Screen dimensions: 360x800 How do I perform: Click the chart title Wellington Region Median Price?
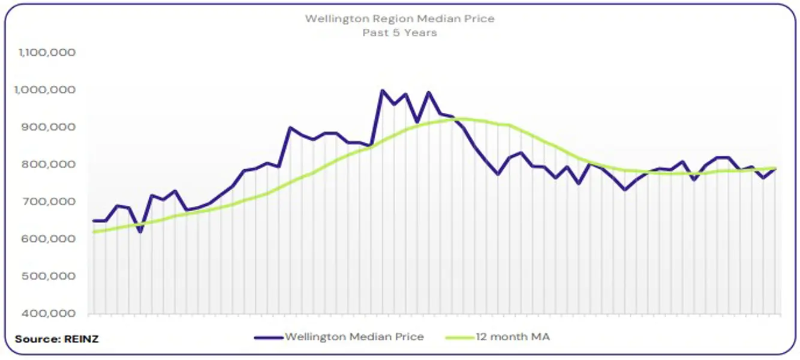(399, 19)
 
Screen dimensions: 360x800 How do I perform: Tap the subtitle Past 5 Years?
(399, 32)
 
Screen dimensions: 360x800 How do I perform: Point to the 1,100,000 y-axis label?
(47, 53)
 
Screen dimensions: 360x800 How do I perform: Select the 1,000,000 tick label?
(47, 90)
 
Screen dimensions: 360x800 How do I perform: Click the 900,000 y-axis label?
(50, 127)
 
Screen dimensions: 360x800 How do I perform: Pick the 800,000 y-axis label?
(50, 164)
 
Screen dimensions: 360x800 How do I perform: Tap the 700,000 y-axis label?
(50, 202)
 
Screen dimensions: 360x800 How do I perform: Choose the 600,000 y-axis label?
(50, 239)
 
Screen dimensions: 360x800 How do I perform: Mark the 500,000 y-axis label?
(50, 276)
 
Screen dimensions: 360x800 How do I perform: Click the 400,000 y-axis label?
(50, 313)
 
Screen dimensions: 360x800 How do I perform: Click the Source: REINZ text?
(56, 339)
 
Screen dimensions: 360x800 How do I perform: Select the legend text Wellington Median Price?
(354, 337)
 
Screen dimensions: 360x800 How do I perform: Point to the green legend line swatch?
(459, 337)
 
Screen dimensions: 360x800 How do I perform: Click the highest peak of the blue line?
(382, 91)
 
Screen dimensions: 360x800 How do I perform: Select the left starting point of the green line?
(94, 232)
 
